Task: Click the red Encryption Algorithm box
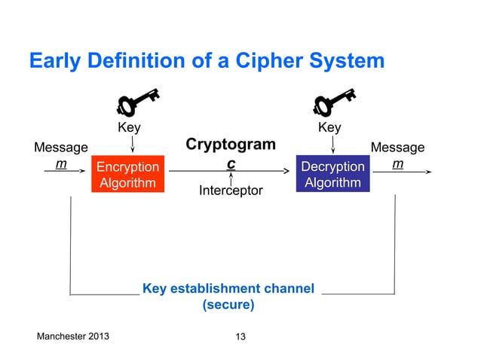tap(127, 174)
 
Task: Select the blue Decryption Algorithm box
tap(332, 174)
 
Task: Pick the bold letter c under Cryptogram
tap(231, 163)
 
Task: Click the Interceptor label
tap(231, 191)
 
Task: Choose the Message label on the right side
tap(397, 148)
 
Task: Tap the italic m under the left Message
tap(60, 164)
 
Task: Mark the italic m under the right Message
tap(396, 164)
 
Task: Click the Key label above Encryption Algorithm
tap(129, 128)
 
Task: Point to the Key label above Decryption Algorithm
tap(329, 128)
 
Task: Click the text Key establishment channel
tap(228, 289)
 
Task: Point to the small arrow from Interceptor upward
tap(231, 179)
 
